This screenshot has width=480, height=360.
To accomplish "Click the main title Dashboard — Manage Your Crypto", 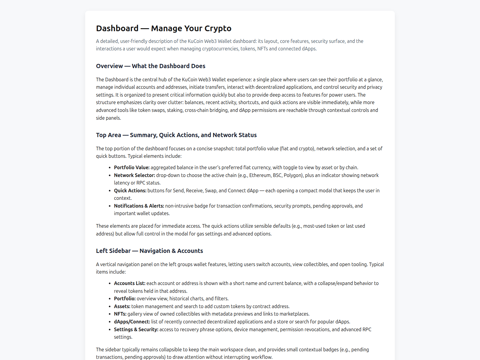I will pyautogui.click(x=163, y=28).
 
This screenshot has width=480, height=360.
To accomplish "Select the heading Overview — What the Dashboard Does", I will pyautogui.click(x=151, y=66).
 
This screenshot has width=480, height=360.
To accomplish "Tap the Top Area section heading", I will pyautogui.click(x=176, y=135).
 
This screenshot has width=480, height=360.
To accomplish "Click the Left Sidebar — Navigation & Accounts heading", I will pyautogui.click(x=149, y=251).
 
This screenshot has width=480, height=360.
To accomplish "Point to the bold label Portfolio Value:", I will pyautogui.click(x=132, y=167).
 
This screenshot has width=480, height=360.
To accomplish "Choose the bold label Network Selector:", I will pyautogui.click(x=134, y=175).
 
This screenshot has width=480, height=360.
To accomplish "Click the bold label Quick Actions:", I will pyautogui.click(x=130, y=190).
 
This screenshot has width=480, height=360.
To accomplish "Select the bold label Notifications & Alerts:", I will pyautogui.click(x=139, y=206).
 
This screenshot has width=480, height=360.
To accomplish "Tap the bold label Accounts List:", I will pyautogui.click(x=130, y=283).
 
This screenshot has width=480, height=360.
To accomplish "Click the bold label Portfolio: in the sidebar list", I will pyautogui.click(x=125, y=298).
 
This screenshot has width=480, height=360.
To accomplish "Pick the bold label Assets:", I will pyautogui.click(x=122, y=306).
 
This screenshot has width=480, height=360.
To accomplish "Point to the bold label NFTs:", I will pyautogui.click(x=120, y=314).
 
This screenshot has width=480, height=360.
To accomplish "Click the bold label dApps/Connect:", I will pyautogui.click(x=132, y=322).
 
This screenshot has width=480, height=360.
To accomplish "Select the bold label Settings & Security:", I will pyautogui.click(x=136, y=329).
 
